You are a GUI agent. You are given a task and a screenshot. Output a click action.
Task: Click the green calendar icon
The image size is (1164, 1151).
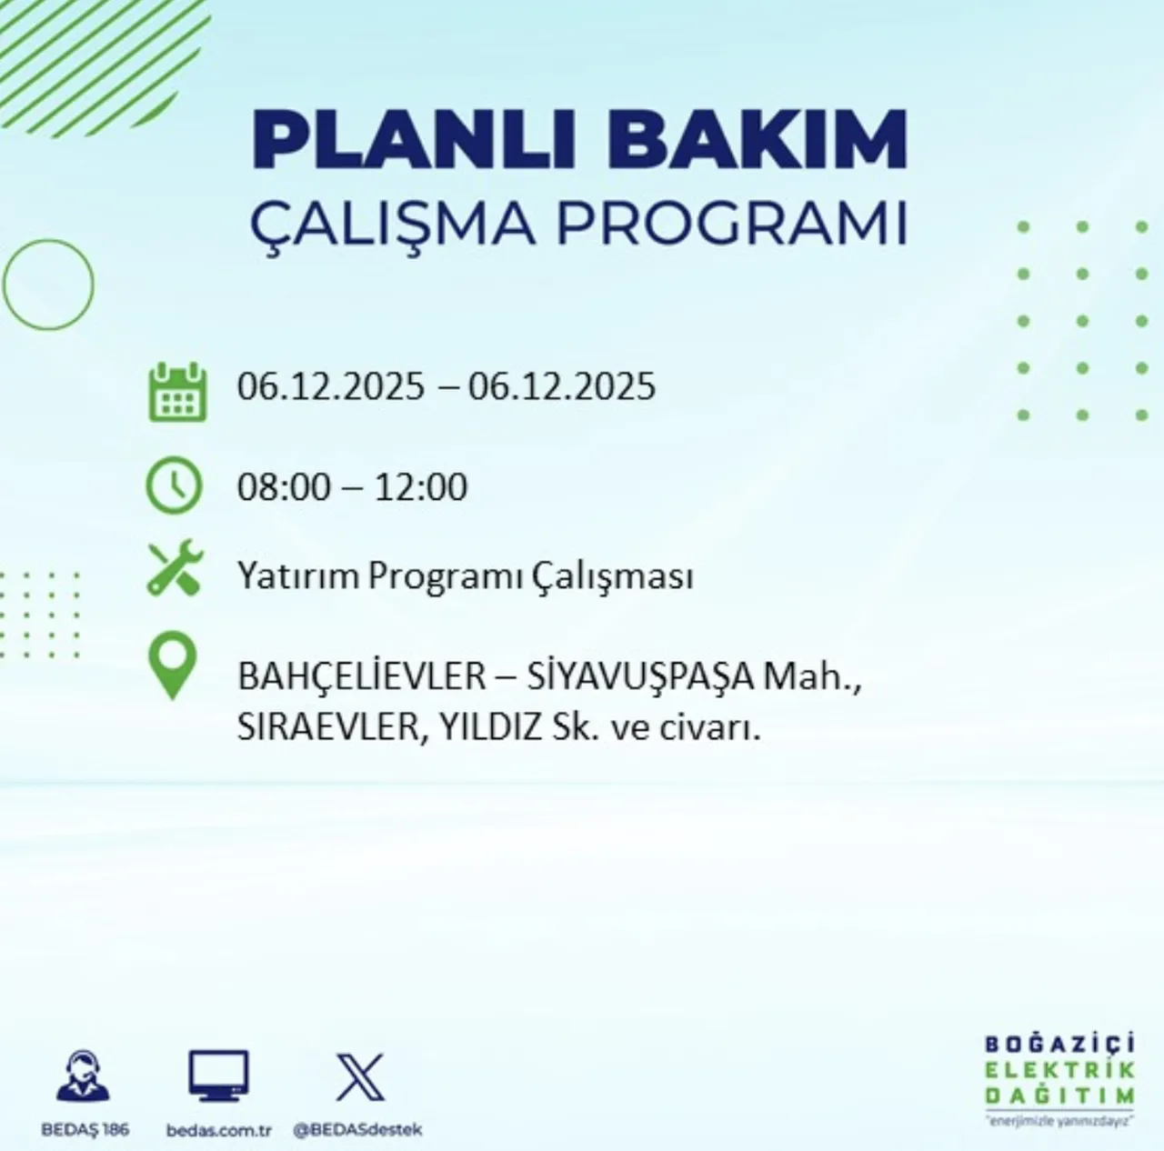click(x=177, y=392)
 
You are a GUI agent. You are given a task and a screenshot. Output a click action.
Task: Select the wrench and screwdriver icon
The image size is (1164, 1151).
click(x=176, y=569)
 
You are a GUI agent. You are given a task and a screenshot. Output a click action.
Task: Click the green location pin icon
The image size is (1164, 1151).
click(x=173, y=666)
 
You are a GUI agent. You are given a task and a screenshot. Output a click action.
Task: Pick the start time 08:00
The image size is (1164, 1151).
click(x=284, y=487)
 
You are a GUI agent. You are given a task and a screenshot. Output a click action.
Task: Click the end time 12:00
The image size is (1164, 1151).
click(x=421, y=487)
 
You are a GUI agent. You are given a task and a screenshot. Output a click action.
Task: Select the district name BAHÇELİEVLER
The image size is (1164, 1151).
click(x=362, y=677)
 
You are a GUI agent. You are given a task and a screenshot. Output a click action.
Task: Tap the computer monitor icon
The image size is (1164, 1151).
click(x=218, y=1076)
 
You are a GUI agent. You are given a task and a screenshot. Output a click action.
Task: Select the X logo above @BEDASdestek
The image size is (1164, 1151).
click(x=359, y=1077)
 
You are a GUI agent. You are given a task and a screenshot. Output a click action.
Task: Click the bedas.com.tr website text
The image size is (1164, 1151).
click(x=219, y=1130)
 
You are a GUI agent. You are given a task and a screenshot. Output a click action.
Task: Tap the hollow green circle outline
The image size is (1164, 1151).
click(x=49, y=285)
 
